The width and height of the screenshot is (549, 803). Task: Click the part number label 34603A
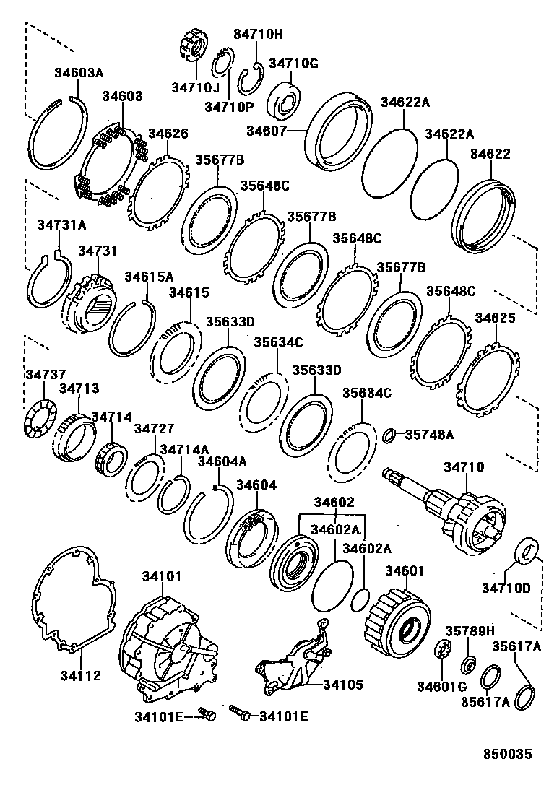pos(79,72)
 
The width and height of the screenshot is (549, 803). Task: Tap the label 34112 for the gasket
pos(80,676)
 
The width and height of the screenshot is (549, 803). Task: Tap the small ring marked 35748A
pos(389,435)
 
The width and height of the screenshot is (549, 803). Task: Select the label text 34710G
pos(293,63)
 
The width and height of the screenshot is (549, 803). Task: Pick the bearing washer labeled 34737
pos(35,418)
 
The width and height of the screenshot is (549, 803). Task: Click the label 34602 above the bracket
pos(334,502)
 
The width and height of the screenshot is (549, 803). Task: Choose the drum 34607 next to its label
pos(340,134)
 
